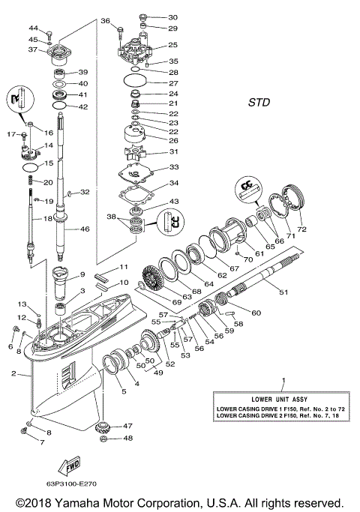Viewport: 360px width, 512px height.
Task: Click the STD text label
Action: pos(259,102)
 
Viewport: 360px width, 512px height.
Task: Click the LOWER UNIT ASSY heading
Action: pos(283,397)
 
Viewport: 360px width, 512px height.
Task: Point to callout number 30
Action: pos(172,16)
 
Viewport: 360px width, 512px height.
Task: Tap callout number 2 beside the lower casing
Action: pos(13,373)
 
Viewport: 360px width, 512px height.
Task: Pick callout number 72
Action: pos(302,227)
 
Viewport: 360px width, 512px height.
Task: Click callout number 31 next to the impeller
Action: pos(172,152)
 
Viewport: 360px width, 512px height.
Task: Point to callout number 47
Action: pos(127,426)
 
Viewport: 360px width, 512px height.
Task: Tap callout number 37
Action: pos(32,50)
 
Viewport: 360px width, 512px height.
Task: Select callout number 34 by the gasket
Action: pos(172,184)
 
